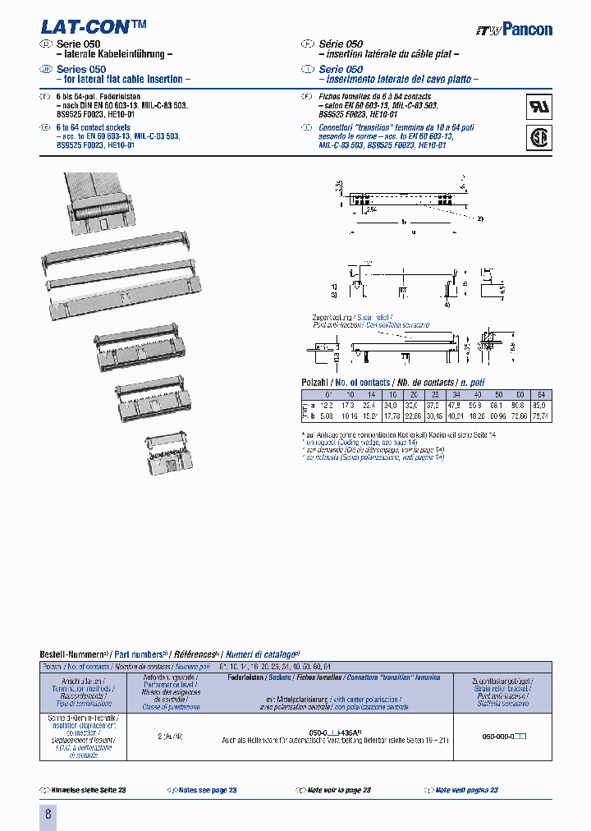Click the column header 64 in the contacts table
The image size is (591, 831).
click(540, 394)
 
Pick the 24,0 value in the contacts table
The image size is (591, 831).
click(391, 406)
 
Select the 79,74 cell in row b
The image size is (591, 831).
click(540, 416)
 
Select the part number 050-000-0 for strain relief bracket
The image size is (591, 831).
click(501, 737)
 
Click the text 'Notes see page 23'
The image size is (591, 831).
click(206, 790)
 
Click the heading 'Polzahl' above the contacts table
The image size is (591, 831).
click(316, 383)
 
